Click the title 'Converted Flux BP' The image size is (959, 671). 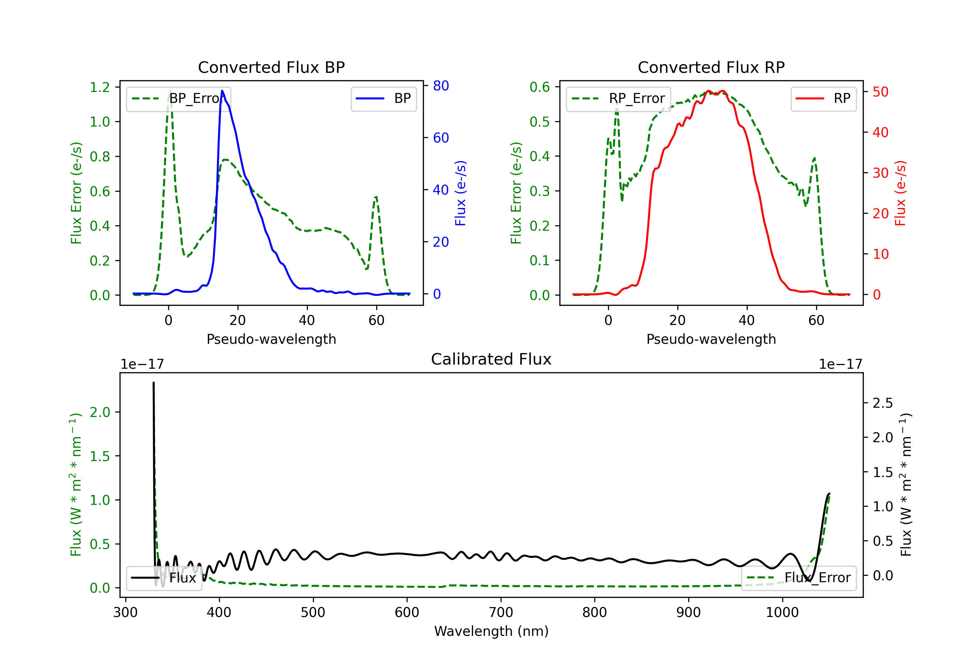pyautogui.click(x=271, y=67)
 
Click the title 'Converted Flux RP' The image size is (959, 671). pyautogui.click(x=711, y=67)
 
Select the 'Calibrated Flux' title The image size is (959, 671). pyautogui.click(x=491, y=359)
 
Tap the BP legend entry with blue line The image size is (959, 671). pyautogui.click(x=383, y=98)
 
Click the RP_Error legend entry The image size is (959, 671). pyautogui.click(x=618, y=98)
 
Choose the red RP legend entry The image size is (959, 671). pyautogui.click(x=823, y=98)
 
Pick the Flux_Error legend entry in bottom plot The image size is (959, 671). pyautogui.click(x=799, y=578)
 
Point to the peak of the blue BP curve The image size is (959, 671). pyautogui.click(x=222, y=91)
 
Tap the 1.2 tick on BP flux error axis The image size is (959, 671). pyautogui.click(x=100, y=87)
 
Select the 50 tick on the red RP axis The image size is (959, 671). pyautogui.click(x=880, y=92)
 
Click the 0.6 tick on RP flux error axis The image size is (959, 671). pyautogui.click(x=540, y=87)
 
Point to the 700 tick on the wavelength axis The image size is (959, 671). pyautogui.click(x=501, y=613)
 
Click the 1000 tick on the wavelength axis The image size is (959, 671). pyautogui.click(x=782, y=613)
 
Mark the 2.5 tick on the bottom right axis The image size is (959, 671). pyautogui.click(x=883, y=403)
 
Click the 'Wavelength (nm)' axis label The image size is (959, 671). pyautogui.click(x=491, y=631)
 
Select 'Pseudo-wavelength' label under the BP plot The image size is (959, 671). pyautogui.click(x=271, y=339)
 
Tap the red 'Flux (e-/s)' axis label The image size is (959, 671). pyautogui.click(x=901, y=193)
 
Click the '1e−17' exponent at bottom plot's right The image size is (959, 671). pyautogui.click(x=840, y=365)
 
